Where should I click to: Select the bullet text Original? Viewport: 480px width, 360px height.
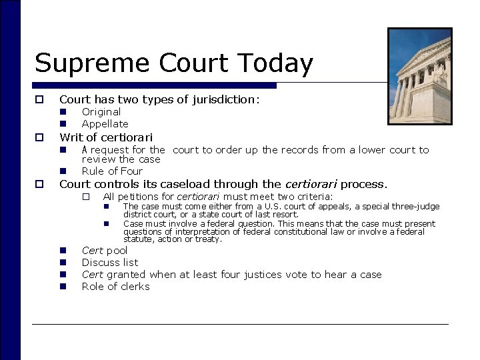click(101, 112)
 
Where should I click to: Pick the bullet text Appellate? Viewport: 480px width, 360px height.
click(105, 124)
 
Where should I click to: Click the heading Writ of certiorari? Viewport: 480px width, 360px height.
click(106, 137)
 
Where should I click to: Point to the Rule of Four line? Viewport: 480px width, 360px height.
click(112, 171)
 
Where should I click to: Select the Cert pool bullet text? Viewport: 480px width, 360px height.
click(104, 251)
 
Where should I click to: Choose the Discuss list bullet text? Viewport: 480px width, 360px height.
click(109, 263)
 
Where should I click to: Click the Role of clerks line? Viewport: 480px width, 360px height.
click(115, 287)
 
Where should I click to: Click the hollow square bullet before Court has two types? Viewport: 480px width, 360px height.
click(40, 99)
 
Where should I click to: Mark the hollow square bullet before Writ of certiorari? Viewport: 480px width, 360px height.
click(40, 137)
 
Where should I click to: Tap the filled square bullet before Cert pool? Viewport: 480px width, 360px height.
click(63, 251)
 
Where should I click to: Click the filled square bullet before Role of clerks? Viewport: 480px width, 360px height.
click(63, 287)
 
